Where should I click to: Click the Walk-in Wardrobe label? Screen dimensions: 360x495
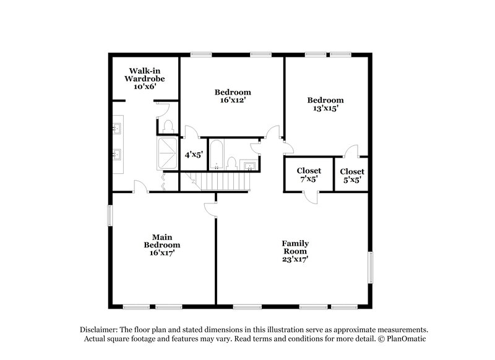coord(146,79)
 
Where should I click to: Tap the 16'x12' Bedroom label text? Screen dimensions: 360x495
coord(232,95)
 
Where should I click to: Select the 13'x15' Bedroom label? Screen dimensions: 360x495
coord(325,104)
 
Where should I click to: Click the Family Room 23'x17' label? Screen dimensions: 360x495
coord(295,251)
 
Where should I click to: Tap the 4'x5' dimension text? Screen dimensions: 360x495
coord(192,155)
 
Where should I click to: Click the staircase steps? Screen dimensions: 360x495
coord(223,182)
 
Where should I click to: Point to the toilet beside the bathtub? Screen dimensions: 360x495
coord(231,163)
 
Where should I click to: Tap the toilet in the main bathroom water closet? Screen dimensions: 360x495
coord(168,126)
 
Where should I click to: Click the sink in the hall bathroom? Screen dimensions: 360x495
coord(250,165)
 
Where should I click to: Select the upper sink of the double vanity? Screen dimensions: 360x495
coord(118,129)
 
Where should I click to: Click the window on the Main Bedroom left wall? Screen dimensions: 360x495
coord(111,215)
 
